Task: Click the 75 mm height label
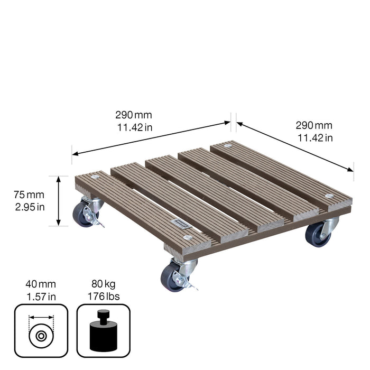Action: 30,195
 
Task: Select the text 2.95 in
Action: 30,207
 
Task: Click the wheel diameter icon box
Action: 41,330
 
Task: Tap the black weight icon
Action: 103,331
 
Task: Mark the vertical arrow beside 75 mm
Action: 59,201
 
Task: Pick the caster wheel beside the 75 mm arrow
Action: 82,215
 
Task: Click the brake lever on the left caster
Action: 97,220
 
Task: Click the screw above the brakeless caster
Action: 329,196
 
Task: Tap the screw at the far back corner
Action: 228,145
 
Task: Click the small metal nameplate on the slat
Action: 181,224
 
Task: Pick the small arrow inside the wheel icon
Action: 41,318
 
